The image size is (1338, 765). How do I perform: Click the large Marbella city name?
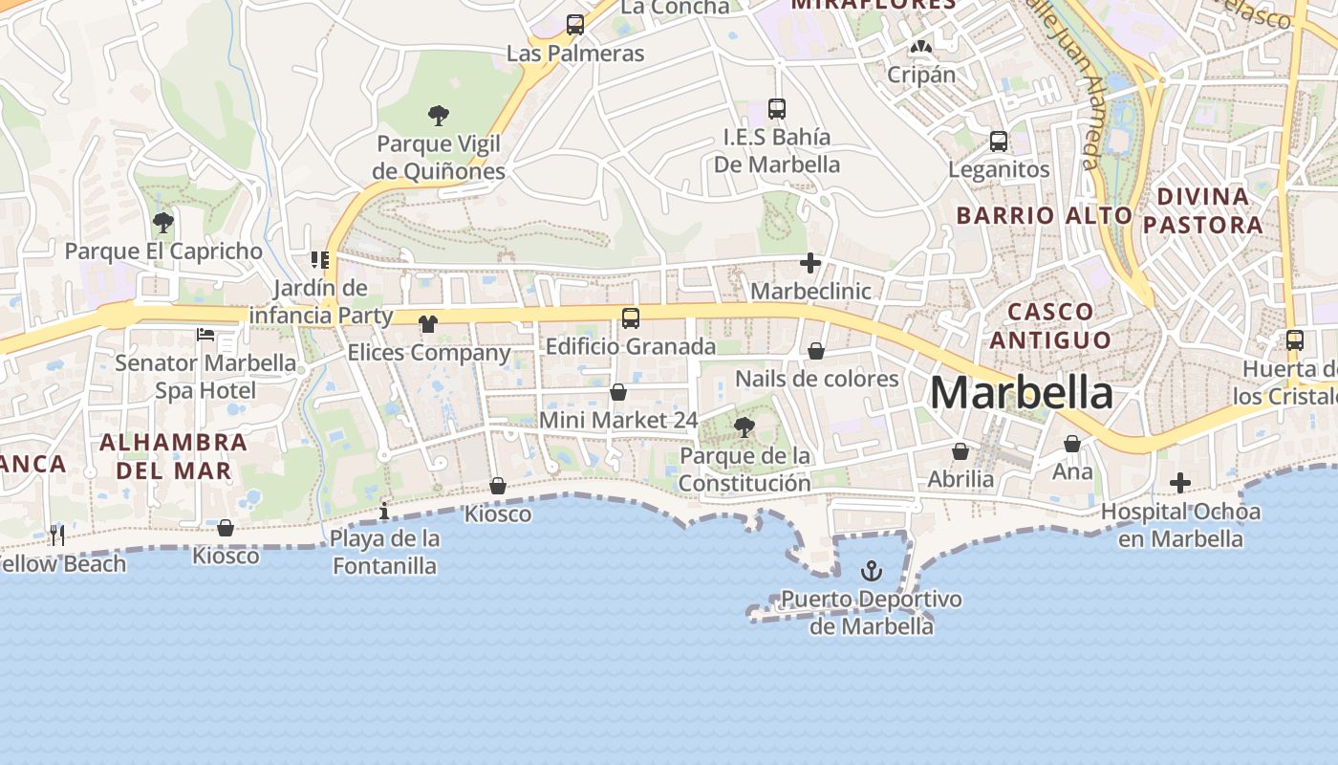click(x=1021, y=392)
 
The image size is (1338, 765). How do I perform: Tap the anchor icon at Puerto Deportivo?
click(x=872, y=572)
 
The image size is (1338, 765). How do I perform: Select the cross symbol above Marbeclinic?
click(x=810, y=263)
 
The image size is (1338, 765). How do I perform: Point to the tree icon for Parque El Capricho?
click(x=163, y=223)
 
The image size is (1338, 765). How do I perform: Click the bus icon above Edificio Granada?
click(x=631, y=318)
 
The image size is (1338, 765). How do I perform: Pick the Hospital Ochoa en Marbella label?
click(x=1180, y=525)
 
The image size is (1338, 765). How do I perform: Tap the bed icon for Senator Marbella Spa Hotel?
click(x=205, y=335)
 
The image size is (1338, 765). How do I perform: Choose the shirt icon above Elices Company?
click(x=427, y=324)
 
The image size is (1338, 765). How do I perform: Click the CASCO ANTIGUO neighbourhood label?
click(x=1050, y=325)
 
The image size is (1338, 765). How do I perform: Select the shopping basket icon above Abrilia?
click(x=960, y=451)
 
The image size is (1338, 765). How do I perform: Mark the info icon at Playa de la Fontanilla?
click(x=384, y=511)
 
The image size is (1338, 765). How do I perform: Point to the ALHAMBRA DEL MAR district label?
click(x=173, y=456)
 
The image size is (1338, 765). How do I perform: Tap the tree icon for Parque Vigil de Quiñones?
click(x=439, y=116)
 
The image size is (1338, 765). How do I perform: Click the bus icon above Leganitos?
click(x=999, y=142)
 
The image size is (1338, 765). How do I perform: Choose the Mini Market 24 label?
click(x=618, y=420)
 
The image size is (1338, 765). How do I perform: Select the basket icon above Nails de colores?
click(x=816, y=351)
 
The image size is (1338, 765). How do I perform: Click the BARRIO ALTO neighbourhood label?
click(x=1045, y=215)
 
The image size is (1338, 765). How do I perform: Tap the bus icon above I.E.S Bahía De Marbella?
click(x=777, y=109)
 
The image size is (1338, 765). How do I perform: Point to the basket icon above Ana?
click(x=1072, y=444)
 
